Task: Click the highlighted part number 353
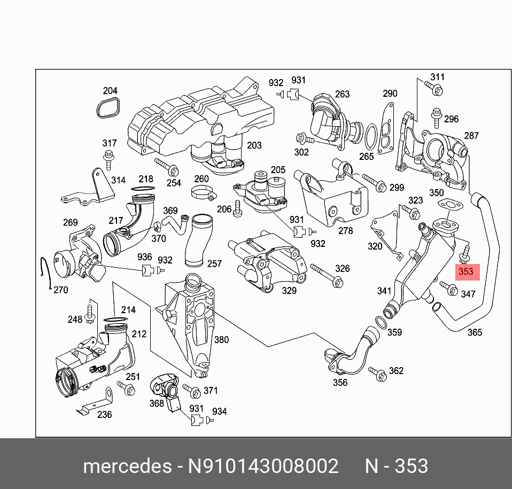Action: [466, 271]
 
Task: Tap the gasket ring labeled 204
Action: [108, 110]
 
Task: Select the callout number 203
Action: [254, 145]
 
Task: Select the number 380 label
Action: [221, 339]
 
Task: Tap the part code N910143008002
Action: [262, 466]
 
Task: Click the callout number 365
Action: [475, 332]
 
